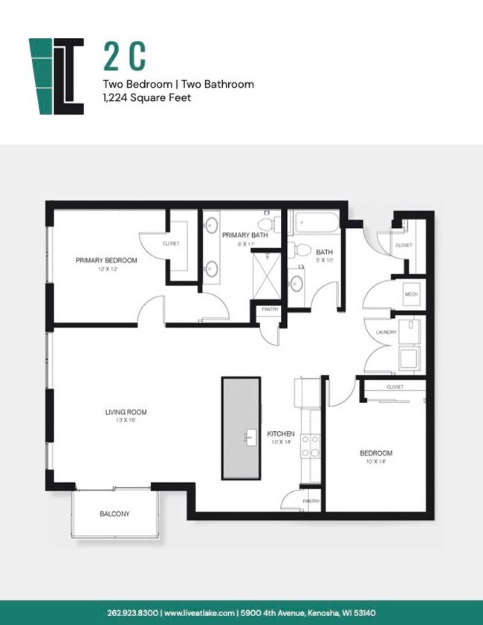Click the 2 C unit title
pos(124,56)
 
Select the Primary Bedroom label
pos(106,260)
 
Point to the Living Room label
pos(125,412)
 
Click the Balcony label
pos(115,514)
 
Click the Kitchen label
pos(281,433)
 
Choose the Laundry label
pos(386,332)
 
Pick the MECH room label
pos(411,294)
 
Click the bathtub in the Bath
pos(314,224)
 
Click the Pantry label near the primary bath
pos(268,308)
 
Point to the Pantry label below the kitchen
pos(311,501)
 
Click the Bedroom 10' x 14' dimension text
pos(377,462)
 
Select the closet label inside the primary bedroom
pos(171,244)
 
